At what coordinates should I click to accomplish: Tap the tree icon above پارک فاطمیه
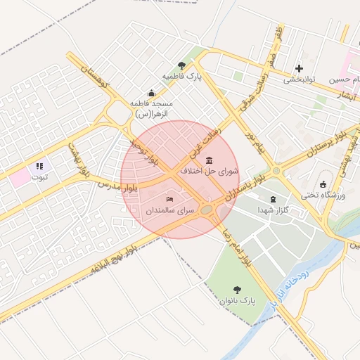pos(182,65)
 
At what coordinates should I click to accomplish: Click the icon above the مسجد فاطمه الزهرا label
pos(151,93)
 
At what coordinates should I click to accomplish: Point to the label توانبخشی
pos(300,79)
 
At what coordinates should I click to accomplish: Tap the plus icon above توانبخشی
pos(300,68)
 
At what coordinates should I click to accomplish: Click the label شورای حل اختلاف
pos(210,171)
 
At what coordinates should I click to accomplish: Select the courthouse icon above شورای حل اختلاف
pos(208,161)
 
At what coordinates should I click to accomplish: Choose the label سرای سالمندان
pos(169,210)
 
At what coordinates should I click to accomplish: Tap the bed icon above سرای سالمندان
pos(169,200)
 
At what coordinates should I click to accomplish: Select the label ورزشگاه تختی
pos(323,194)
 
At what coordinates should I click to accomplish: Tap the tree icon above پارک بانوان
pos(237,290)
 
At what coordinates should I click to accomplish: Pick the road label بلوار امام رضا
pos(237,250)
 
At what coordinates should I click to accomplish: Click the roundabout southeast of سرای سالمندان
pos(207,209)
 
